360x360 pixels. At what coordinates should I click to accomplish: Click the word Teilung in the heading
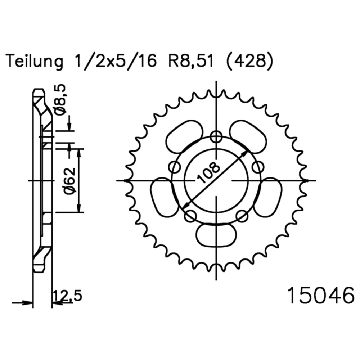coord(35,62)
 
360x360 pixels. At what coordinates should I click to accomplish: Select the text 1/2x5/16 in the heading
coord(116,61)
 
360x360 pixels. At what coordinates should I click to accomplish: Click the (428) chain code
coord(249,61)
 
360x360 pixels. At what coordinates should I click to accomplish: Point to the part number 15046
coord(321,296)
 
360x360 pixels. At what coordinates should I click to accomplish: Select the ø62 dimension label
coord(69,180)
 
